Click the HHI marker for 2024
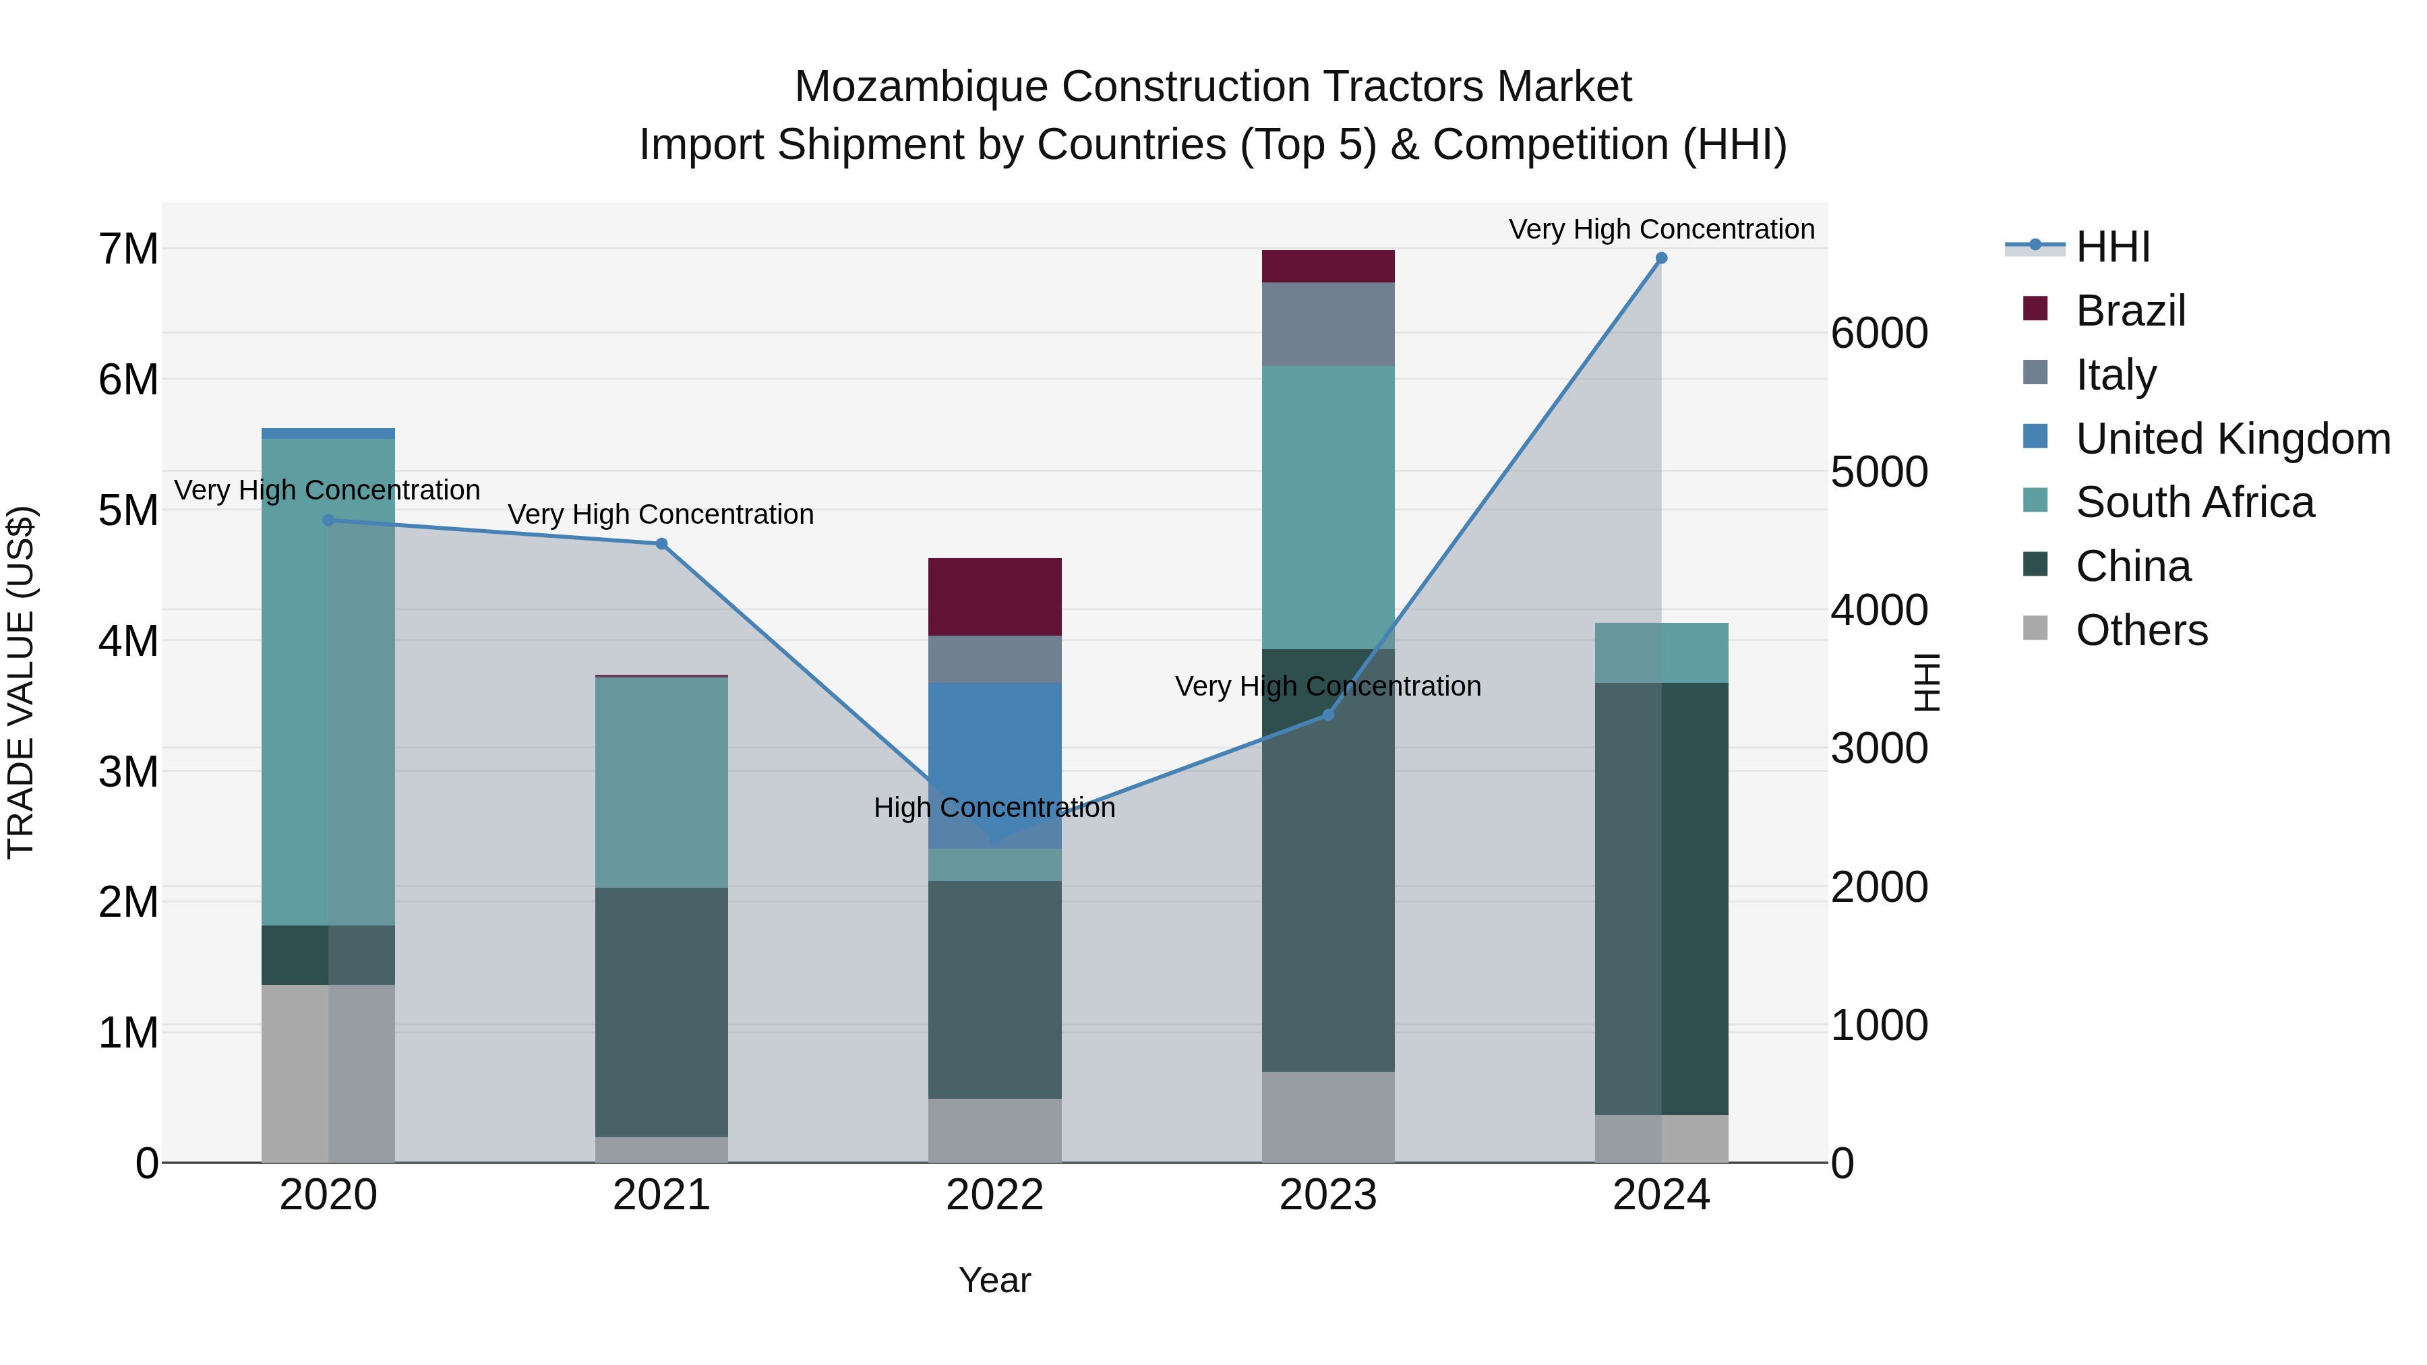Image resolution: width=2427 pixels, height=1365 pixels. tap(1661, 258)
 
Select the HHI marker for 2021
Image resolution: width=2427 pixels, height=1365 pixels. tap(661, 543)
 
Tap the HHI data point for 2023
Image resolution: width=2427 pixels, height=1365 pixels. tap(1328, 715)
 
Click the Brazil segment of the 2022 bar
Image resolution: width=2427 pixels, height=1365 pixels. tap(995, 597)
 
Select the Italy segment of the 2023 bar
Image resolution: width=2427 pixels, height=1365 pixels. tap(1328, 324)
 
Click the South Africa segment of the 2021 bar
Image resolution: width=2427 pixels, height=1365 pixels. tap(661, 782)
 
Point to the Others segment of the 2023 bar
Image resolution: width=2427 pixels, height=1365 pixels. tap(1328, 1116)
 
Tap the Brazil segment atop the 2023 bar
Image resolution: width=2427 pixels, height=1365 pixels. tap(1328, 266)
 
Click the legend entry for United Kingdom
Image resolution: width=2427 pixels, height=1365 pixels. tap(2232, 439)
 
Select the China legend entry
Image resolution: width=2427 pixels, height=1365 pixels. tap(2133, 566)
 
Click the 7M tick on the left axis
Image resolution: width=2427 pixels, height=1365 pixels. tap(129, 249)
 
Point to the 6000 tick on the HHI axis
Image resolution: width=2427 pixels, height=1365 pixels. tap(1879, 334)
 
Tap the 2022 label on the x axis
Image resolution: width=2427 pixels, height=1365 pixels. tap(995, 1195)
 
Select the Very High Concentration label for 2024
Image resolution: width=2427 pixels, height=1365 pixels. tap(1661, 229)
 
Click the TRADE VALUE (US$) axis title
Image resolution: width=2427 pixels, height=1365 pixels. tap(21, 682)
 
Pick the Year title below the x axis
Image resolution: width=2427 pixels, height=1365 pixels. tap(995, 1280)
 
